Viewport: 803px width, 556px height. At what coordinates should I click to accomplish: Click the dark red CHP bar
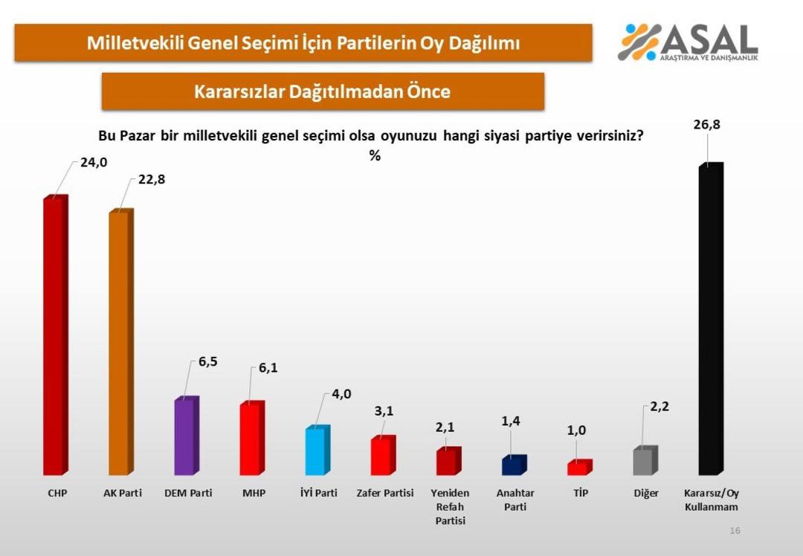coord(54,336)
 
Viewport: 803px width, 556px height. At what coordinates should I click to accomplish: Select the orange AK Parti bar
coord(119,343)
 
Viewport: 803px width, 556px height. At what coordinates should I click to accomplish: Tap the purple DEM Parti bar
coord(184,437)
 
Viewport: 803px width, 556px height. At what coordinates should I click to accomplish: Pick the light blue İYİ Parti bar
coord(316,450)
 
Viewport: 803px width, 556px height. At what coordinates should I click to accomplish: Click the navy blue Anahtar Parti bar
coord(512,465)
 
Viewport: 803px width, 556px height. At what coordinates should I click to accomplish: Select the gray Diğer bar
coord(643,461)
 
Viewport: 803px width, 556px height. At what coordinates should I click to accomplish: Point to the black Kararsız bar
coord(709,320)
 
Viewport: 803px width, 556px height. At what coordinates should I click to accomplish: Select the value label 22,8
coord(152,179)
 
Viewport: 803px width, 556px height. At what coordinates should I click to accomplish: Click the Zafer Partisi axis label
coord(384,493)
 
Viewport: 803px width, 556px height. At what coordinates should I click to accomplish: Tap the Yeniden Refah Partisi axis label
coord(450,506)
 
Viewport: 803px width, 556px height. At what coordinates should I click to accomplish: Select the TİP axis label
coord(581,493)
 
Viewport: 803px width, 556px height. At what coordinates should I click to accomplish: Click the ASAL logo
coord(688,42)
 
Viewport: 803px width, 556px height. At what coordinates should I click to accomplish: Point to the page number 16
coord(735,531)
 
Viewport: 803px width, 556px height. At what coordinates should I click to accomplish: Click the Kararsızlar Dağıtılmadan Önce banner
coord(323,91)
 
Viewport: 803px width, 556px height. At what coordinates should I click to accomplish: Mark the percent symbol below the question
coord(375,156)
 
